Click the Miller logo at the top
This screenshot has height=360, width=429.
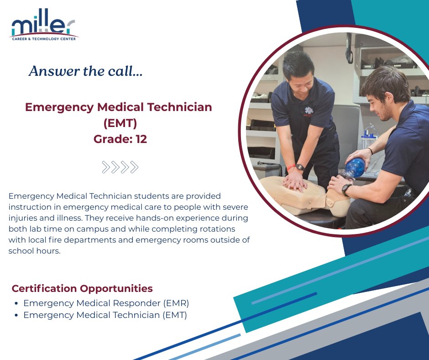click(44, 27)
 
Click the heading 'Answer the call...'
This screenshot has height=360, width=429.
click(86, 71)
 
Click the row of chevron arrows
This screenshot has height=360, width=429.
click(120, 167)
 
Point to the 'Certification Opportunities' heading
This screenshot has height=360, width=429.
click(82, 289)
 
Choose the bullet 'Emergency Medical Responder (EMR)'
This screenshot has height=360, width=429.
click(106, 303)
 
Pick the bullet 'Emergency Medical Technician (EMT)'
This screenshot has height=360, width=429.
click(105, 315)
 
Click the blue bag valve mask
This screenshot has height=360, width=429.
click(355, 169)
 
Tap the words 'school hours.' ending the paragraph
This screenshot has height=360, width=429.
click(34, 251)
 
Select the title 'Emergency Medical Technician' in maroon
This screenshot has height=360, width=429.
click(119, 107)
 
